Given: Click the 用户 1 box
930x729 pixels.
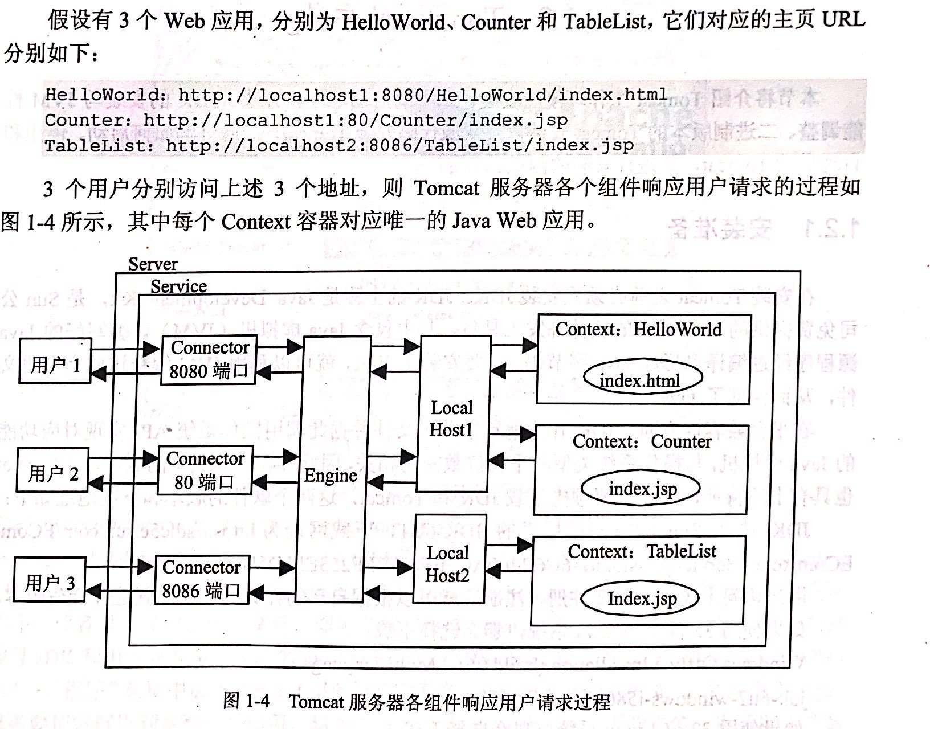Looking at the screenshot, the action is tap(55, 361).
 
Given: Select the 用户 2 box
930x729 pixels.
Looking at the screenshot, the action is tap(52, 470).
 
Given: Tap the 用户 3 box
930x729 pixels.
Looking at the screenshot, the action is tap(49, 580).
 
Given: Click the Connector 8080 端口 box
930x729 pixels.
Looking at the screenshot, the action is tap(209, 360).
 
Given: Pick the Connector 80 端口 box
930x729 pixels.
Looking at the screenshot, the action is tap(205, 470).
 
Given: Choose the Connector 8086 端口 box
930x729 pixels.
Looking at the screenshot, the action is tap(201, 580).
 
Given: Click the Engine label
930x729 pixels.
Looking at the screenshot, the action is tap(331, 476).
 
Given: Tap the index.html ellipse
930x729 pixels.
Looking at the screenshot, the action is tap(641, 380).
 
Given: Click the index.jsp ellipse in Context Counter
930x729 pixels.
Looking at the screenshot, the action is tap(642, 489).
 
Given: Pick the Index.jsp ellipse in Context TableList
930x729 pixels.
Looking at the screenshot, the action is tap(641, 599).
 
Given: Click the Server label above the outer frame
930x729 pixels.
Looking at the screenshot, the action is tap(153, 264).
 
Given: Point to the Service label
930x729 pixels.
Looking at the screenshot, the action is tap(178, 286).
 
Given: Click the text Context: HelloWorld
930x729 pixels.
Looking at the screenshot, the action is tap(638, 329).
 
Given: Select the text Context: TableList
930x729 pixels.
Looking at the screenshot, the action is tap(642, 551).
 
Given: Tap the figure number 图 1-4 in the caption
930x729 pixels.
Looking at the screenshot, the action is tap(246, 701).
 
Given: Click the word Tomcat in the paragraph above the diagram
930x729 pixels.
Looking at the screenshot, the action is tap(447, 187).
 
